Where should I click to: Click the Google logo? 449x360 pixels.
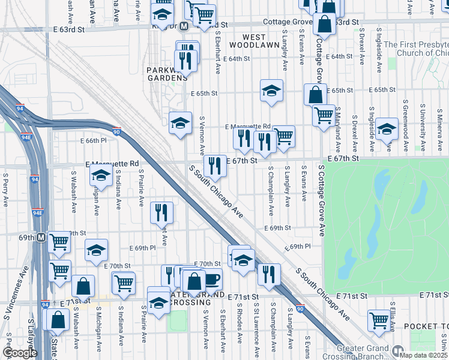pyautogui.click(x=20, y=353)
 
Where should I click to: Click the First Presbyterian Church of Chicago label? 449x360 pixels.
pyautogui.click(x=415, y=49)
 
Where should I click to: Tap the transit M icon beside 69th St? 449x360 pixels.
pyautogui.click(x=41, y=237)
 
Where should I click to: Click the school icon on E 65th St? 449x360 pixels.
pyautogui.click(x=271, y=91)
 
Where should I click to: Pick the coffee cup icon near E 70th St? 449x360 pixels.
pyautogui.click(x=211, y=279)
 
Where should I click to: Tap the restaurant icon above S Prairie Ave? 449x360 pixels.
pyautogui.click(x=163, y=212)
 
